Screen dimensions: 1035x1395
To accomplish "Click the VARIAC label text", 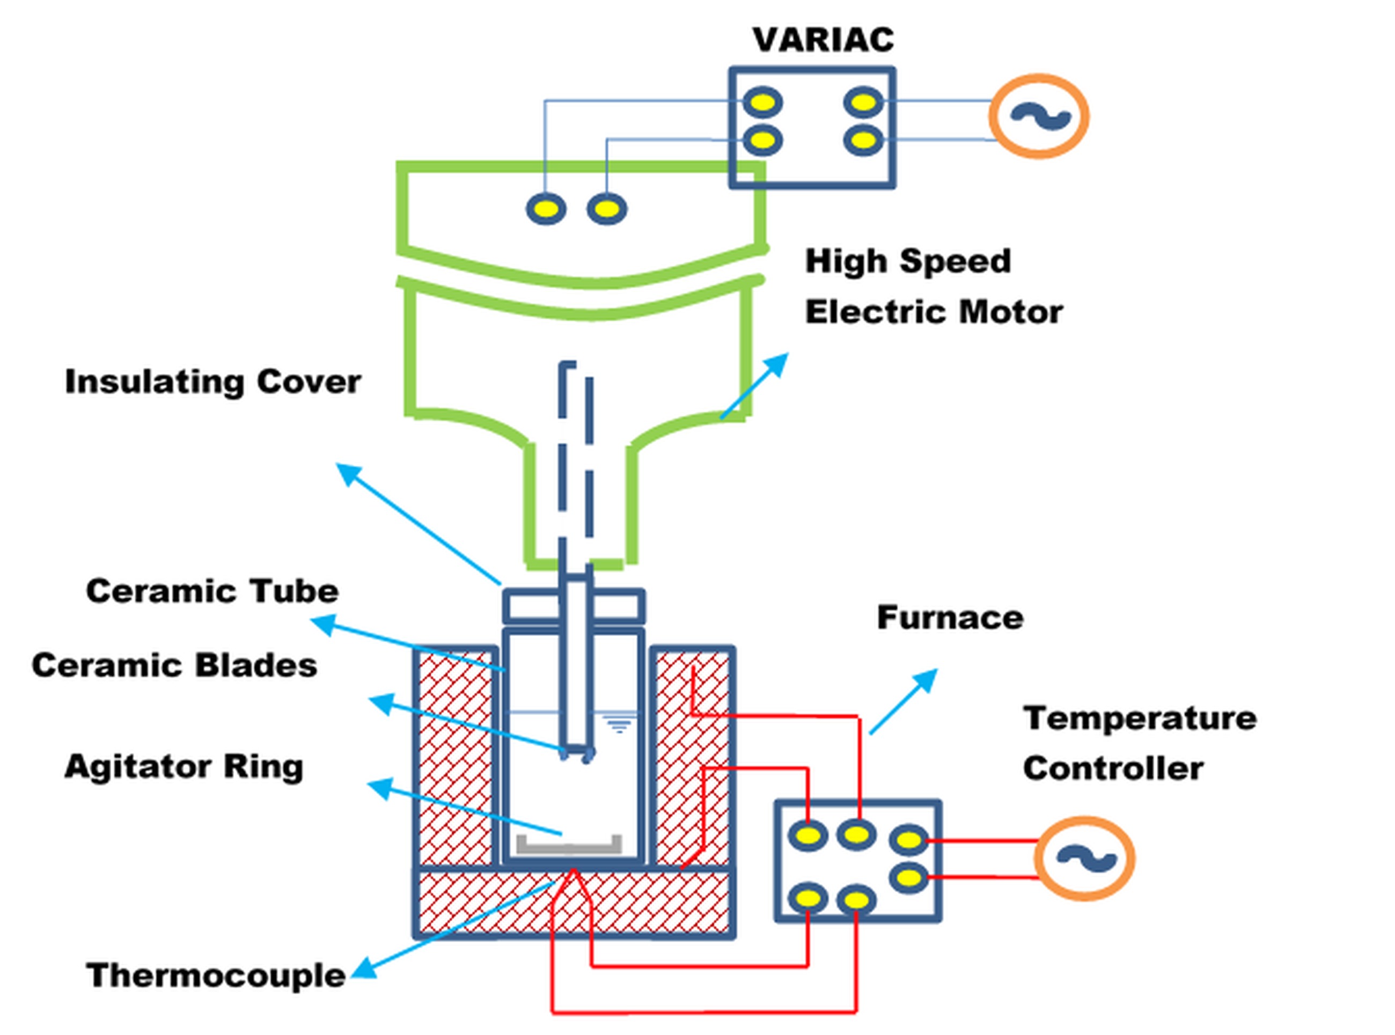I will (x=823, y=40).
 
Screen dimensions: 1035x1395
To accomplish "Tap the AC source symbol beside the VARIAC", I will (x=1039, y=116).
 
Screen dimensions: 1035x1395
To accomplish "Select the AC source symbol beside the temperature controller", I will (x=1084, y=858).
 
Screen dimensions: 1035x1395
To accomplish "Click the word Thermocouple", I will (x=216, y=975).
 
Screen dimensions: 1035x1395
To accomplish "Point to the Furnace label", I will (x=950, y=618).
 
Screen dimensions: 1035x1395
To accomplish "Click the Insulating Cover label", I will (x=213, y=381).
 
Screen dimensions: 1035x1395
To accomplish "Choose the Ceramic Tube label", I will (x=212, y=591).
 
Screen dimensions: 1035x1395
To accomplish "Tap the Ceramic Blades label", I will (x=174, y=665).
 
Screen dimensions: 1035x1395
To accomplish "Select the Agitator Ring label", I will (x=183, y=766).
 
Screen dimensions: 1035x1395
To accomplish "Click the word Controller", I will (x=1112, y=768).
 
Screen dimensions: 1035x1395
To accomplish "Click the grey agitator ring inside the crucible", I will (x=569, y=847).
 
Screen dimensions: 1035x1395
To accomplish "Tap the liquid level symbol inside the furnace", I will (x=619, y=725).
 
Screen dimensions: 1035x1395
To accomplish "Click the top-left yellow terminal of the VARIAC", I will (x=762, y=102).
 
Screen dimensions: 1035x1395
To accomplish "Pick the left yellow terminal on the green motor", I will (x=546, y=209).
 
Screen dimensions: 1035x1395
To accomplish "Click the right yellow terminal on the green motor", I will (x=606, y=209).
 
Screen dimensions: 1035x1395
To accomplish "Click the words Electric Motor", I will (x=934, y=312).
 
